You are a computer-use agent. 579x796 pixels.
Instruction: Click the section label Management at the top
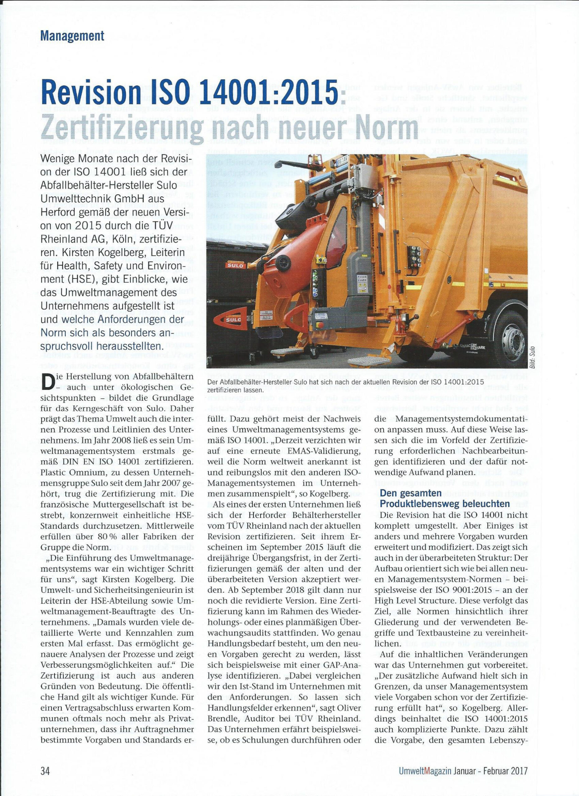72,36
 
